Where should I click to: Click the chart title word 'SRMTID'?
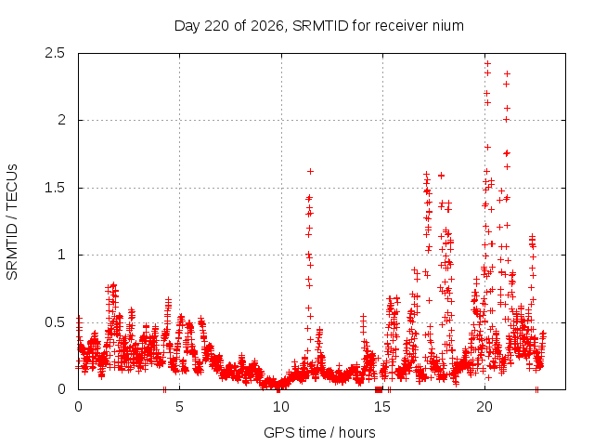coord(320,26)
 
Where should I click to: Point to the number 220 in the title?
coord(216,26)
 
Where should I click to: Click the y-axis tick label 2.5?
coord(55,53)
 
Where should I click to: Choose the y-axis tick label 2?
coord(61,120)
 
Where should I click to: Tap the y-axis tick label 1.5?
coord(55,188)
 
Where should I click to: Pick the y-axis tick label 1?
coord(62,255)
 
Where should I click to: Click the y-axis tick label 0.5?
coord(55,322)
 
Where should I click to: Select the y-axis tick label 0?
coord(61,389)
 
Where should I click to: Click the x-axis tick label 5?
coord(179,407)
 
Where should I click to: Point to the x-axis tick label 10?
coord(281,407)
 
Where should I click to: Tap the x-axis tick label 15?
coord(382,407)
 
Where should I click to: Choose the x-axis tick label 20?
coord(484,407)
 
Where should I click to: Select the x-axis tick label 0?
coord(78,407)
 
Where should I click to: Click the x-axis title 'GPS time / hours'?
coord(319,433)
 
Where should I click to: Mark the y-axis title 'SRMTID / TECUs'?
coord(12,222)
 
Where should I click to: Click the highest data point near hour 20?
coord(488,63)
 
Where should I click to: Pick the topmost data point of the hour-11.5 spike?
coord(310,171)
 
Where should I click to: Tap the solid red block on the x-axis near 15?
coord(379,389)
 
